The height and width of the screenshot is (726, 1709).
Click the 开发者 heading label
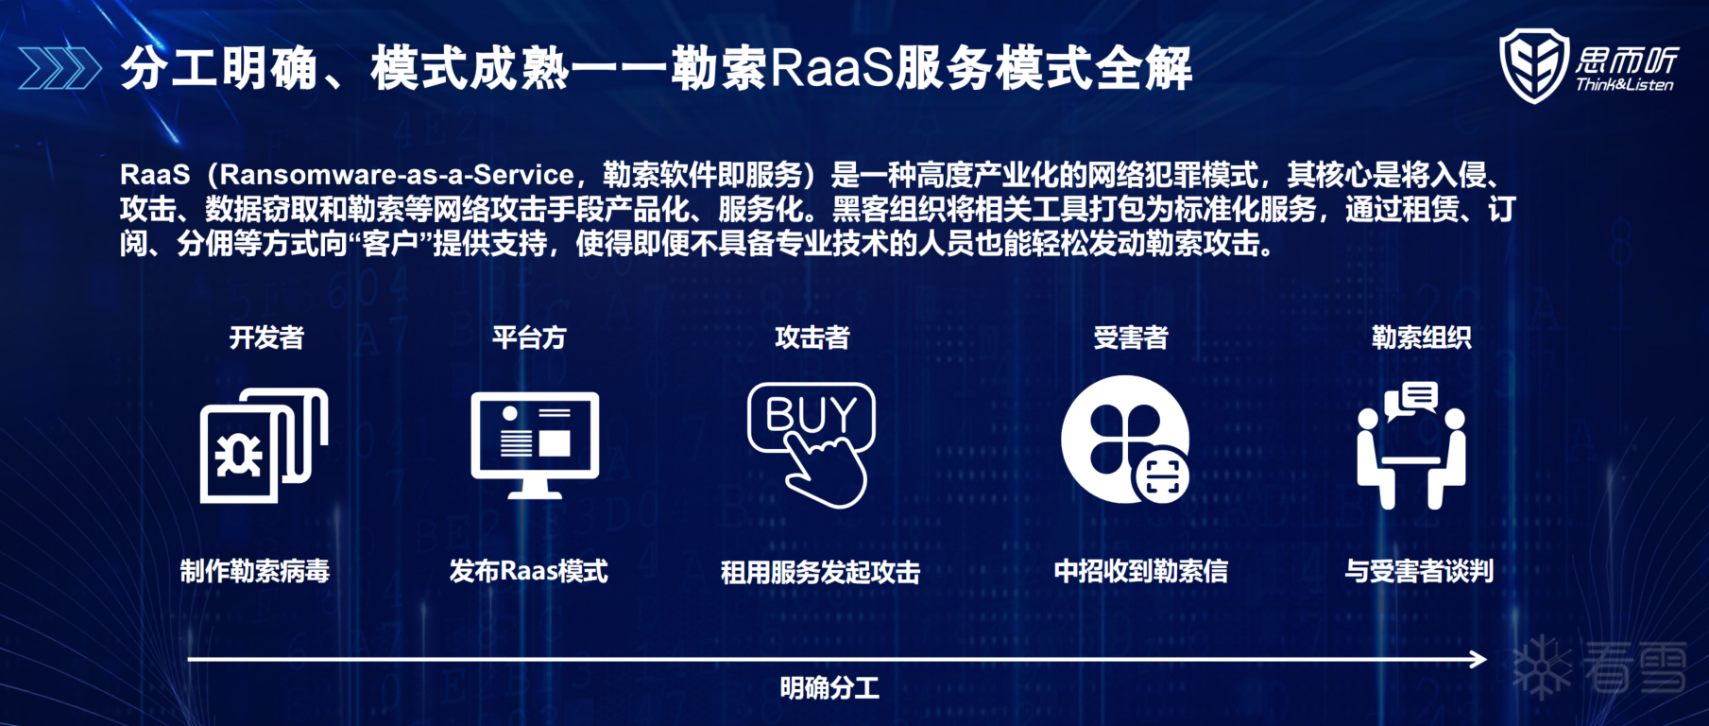click(266, 337)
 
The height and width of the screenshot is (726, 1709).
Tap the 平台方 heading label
click(529, 337)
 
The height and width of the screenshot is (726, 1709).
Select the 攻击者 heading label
click(812, 337)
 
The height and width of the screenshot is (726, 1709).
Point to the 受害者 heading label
click(1131, 337)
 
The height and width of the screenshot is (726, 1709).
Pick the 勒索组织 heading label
click(1422, 337)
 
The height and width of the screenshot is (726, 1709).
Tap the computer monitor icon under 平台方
click(535, 444)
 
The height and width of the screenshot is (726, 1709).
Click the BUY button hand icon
click(812, 444)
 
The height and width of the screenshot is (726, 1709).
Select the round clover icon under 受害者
click(1124, 440)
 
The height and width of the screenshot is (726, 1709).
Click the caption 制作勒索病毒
click(255, 571)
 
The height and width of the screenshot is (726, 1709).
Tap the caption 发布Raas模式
click(529, 571)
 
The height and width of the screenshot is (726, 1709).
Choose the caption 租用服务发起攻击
click(820, 572)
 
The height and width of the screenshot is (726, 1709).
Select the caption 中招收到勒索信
click(1141, 571)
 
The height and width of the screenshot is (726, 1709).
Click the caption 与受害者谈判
click(1419, 571)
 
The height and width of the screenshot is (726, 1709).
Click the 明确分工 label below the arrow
click(829, 688)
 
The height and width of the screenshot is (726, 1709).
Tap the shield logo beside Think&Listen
click(1534, 64)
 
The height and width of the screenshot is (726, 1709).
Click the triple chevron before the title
click(60, 68)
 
